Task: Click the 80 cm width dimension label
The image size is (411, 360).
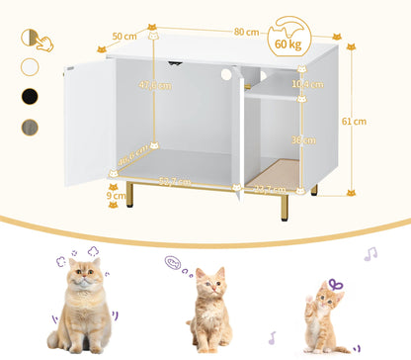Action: click(239, 31)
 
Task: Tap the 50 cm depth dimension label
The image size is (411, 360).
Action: click(124, 37)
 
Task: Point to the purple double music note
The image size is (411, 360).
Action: click(370, 254)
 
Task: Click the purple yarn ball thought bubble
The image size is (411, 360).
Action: click(174, 264)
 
